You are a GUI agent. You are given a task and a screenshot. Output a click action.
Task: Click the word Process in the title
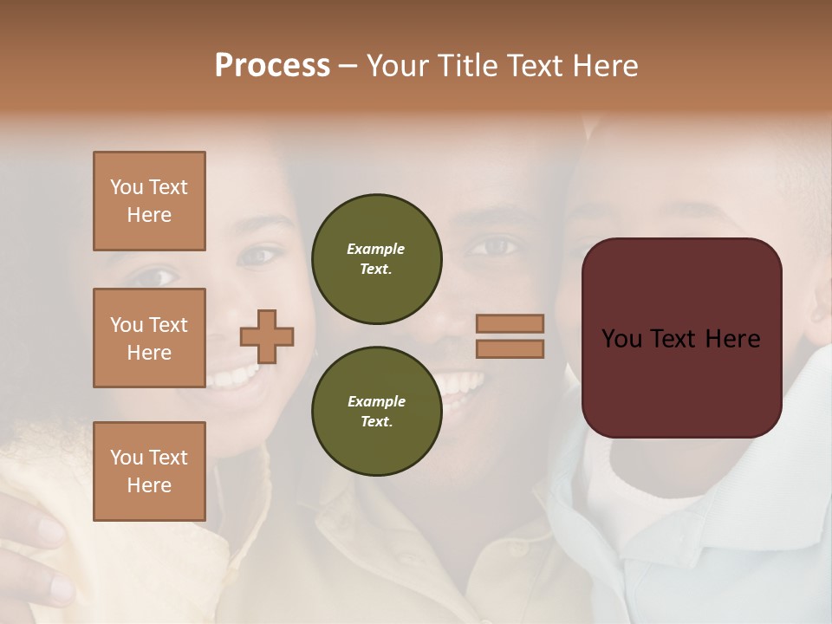click(272, 66)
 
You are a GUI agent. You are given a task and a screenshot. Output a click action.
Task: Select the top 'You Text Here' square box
click(149, 201)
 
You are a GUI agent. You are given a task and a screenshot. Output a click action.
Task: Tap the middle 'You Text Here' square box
click(149, 338)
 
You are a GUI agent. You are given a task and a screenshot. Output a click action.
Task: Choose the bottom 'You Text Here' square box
click(149, 471)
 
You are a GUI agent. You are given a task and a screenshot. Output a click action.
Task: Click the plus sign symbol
click(267, 336)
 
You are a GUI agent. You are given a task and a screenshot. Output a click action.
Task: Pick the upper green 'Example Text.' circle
click(376, 258)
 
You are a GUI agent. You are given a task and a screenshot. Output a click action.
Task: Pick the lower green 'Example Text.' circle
click(376, 411)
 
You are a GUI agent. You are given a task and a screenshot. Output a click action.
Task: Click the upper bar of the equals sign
click(510, 323)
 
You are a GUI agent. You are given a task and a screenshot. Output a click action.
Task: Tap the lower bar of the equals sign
click(510, 348)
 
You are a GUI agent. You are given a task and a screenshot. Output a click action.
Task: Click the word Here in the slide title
click(604, 66)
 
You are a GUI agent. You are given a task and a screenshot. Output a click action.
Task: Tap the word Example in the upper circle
click(376, 249)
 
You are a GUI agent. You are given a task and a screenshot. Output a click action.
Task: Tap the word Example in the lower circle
click(376, 401)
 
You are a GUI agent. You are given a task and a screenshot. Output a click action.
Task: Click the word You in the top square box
click(127, 187)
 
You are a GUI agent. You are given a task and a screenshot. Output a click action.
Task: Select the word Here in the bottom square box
click(149, 485)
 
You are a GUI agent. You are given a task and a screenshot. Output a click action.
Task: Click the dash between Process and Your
click(348, 66)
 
